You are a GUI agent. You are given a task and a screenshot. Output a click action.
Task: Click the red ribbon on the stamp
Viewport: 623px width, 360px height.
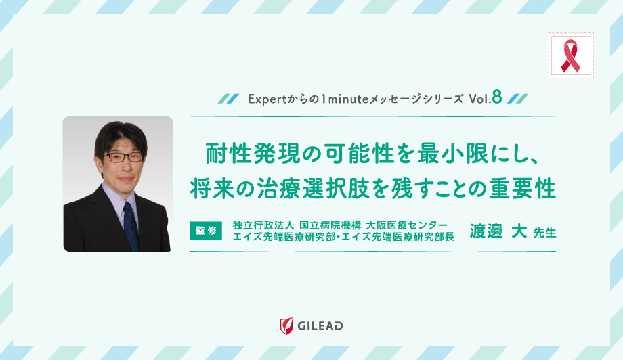[x=570, y=55]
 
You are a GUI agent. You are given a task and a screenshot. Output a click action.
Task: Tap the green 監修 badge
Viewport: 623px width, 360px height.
[x=207, y=230]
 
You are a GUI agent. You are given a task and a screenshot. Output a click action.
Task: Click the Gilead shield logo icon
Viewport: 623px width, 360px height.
[x=286, y=325]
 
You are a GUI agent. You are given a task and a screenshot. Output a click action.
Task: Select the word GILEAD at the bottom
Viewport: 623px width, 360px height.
[x=320, y=326]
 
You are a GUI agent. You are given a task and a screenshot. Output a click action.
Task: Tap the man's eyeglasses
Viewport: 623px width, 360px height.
[x=123, y=156]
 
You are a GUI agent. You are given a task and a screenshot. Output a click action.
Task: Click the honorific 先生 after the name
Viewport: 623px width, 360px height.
[x=544, y=233]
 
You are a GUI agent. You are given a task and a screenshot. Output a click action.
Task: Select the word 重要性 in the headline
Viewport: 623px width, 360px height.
[x=524, y=187]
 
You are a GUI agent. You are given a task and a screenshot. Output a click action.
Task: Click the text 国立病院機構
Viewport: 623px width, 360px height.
[x=330, y=224]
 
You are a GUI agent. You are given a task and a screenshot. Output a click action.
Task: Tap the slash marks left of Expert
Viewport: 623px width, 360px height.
[x=228, y=99]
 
